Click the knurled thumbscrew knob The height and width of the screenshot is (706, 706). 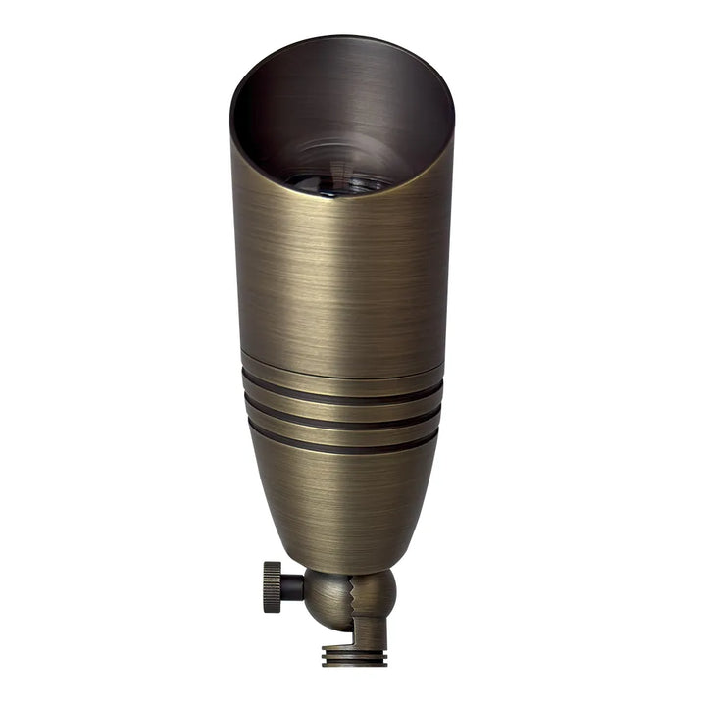pyautogui.click(x=272, y=587)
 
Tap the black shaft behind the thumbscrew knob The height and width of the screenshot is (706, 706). pyautogui.click(x=292, y=587)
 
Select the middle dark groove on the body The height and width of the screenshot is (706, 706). pyautogui.click(x=341, y=414)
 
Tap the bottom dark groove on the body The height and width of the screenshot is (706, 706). pyautogui.click(x=341, y=439)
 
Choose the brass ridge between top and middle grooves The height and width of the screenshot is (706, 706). pyautogui.click(x=341, y=402)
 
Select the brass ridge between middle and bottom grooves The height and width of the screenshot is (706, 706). pyautogui.click(x=341, y=427)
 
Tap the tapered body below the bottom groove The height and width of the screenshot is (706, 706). pyautogui.click(x=341, y=500)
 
